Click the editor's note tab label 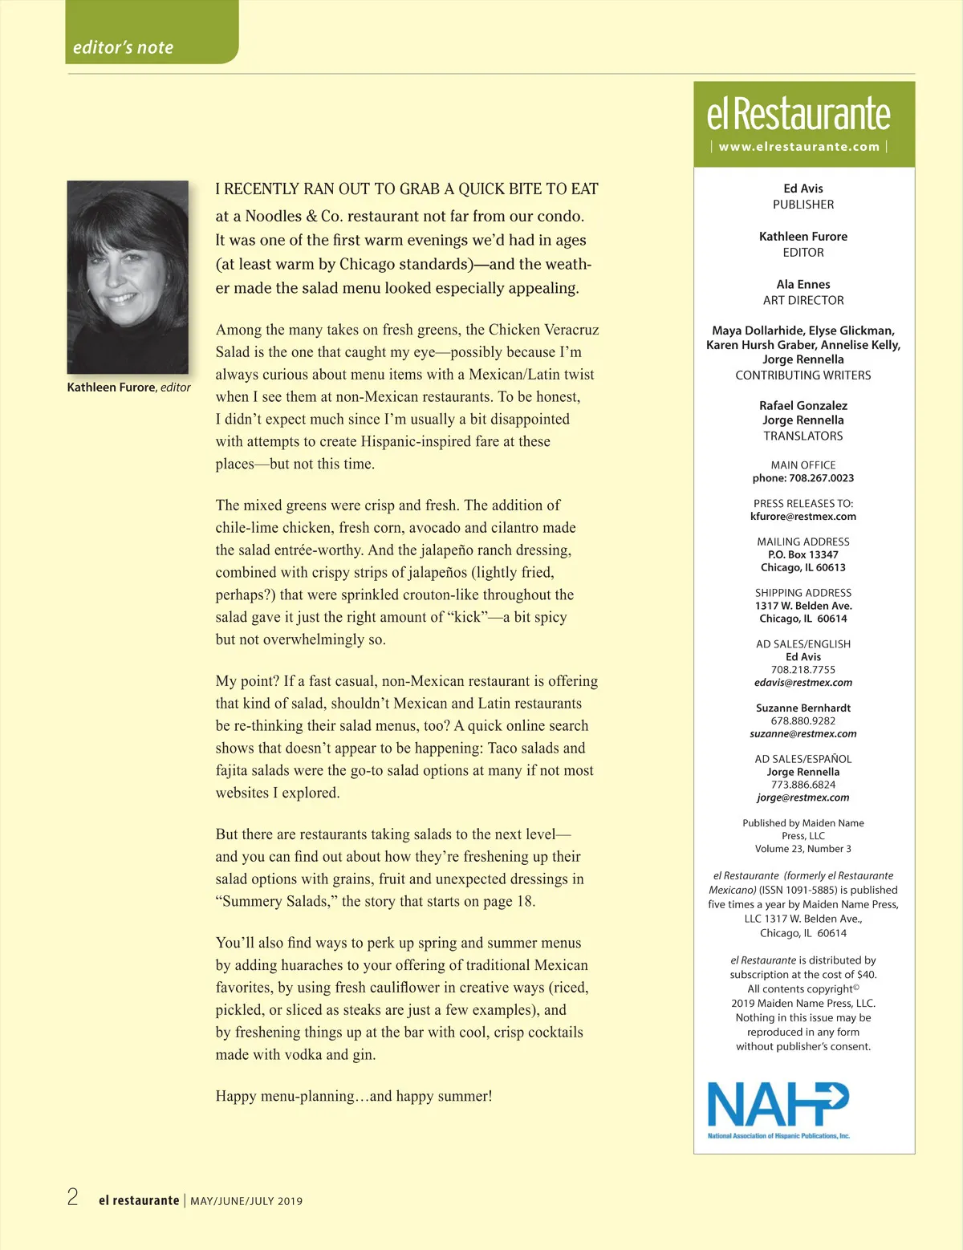123,47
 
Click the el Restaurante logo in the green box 798,114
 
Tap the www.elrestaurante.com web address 799,147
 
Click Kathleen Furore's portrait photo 128,277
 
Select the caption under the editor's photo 128,388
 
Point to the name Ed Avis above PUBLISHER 803,189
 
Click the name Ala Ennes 803,285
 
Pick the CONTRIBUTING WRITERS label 803,375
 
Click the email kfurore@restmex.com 803,517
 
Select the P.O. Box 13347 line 803,555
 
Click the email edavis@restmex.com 803,683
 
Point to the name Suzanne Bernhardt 803,708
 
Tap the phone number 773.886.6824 803,785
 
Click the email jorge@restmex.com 803,797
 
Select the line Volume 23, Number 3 803,849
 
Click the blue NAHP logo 778,1107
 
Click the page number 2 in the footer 73,1198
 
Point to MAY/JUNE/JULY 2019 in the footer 246,1201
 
